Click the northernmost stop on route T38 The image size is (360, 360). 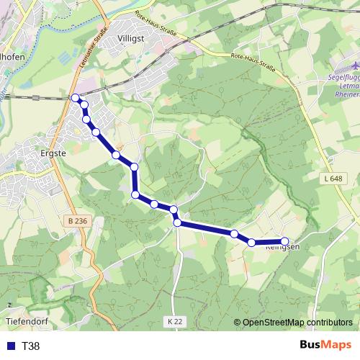point(76,97)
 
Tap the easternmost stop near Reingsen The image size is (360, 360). point(284,242)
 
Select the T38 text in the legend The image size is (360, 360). point(31,346)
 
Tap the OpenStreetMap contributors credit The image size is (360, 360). point(297,323)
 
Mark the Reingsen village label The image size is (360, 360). point(282,248)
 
